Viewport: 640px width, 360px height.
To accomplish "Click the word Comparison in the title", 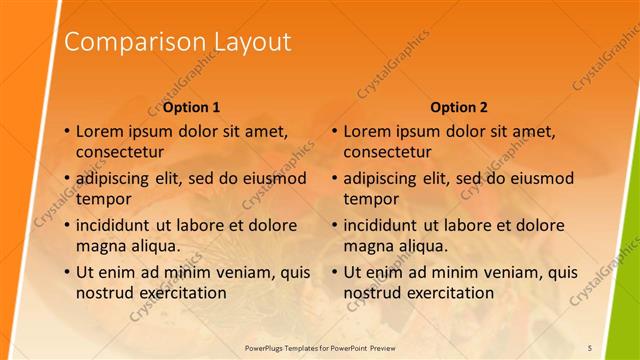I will [134, 42].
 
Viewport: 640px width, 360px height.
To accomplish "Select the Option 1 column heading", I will [191, 107].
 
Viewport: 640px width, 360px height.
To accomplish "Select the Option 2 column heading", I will [459, 107].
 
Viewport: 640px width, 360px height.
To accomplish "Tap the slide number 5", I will [590, 347].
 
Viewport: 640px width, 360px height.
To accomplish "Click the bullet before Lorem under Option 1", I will [66, 131].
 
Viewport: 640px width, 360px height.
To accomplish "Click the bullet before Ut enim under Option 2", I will [334, 272].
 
